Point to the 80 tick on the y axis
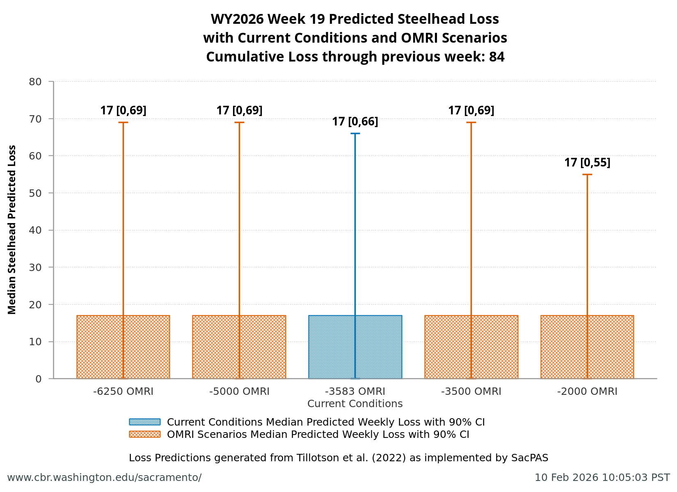pos(35,82)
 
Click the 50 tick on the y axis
pos(35,193)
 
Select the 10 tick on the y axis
pos(35,342)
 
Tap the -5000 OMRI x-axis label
pos(239,392)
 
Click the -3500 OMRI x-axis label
pos(471,392)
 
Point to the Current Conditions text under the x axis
pos(355,404)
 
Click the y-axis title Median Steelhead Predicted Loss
pos(12,230)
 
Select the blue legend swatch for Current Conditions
pos(144,422)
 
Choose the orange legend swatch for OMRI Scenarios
pos(144,434)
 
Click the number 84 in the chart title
pos(496,57)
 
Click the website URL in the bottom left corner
pos(104,478)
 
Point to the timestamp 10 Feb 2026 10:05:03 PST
pos(602,478)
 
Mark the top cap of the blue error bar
pos(355,134)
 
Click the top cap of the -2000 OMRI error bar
pos(587,175)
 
